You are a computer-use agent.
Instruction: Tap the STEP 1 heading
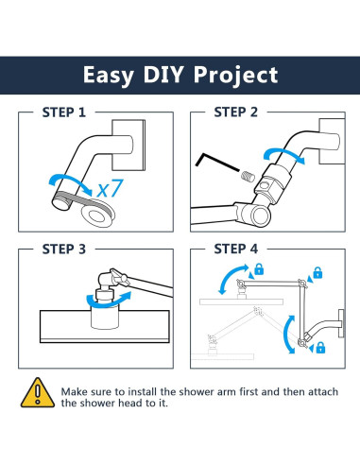coord(64,112)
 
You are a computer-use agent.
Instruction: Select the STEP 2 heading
coord(235,112)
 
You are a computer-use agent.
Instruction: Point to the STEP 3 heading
coord(64,250)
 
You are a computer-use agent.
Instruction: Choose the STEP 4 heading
coord(236,249)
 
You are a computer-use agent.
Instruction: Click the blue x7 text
coord(109,189)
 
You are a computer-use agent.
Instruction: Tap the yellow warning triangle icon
coord(38,392)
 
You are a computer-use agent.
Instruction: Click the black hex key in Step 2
coord(215,162)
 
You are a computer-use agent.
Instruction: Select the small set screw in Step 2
coord(249,177)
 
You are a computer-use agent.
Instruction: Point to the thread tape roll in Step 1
coord(97,215)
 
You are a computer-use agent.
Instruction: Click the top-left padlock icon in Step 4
coord(259,268)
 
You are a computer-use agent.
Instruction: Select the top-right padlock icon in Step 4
coord(317,272)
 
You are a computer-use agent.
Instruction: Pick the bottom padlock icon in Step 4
coord(320,348)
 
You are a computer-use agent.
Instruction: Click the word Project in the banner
coord(235,76)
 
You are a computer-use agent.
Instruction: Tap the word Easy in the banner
coord(108,76)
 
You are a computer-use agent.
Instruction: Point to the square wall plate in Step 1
coord(129,145)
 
